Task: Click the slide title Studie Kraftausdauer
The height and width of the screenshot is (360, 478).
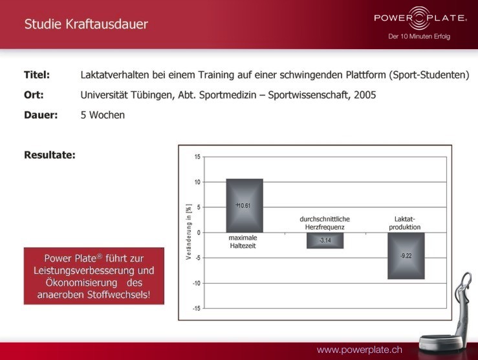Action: [86, 24]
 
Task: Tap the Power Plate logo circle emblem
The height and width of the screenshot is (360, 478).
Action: [419, 18]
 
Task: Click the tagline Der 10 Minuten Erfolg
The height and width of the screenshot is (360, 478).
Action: [419, 36]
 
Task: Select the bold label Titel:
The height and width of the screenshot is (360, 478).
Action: [37, 74]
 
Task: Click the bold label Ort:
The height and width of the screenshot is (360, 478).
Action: [34, 95]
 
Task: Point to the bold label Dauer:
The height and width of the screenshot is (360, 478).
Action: [41, 115]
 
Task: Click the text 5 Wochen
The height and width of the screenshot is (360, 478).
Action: [103, 115]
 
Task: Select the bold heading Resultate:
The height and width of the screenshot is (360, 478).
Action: [50, 155]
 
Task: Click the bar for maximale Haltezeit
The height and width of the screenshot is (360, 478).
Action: [244, 206]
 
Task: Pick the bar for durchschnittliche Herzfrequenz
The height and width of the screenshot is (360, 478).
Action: [325, 240]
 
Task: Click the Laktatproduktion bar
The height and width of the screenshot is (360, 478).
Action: [406, 256]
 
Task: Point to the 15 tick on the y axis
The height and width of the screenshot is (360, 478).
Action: [197, 157]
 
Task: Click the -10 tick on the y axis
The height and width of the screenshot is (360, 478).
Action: [197, 283]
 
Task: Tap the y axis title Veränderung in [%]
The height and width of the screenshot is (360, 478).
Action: [189, 232]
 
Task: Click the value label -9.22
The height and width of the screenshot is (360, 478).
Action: [406, 256]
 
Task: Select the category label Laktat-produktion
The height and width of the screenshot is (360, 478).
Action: [405, 223]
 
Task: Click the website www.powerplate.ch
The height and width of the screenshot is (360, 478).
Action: [360, 350]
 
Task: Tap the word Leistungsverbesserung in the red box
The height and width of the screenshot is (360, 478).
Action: [94, 271]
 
